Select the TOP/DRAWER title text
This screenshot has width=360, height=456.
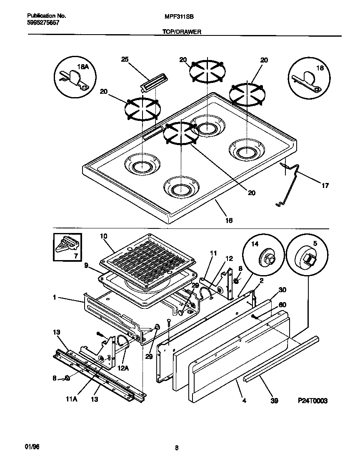[182, 31]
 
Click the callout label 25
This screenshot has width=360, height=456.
[125, 59]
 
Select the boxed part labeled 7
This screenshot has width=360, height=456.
[67, 248]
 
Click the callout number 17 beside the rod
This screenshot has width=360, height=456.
[325, 185]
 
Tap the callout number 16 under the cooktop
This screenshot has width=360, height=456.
[229, 220]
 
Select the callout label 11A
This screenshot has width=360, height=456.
[71, 399]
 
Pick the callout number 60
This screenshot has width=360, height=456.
[282, 305]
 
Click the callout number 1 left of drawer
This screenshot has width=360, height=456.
[55, 298]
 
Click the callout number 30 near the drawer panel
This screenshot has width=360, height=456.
[282, 289]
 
